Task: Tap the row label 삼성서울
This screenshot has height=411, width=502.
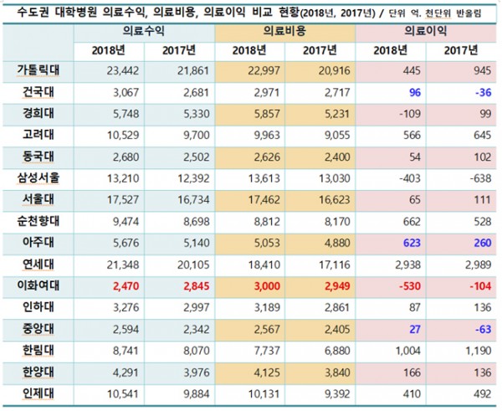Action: pos(37,178)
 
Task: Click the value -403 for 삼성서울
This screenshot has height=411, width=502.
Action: pos(388,178)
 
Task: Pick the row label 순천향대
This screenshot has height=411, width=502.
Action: pos(37,222)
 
